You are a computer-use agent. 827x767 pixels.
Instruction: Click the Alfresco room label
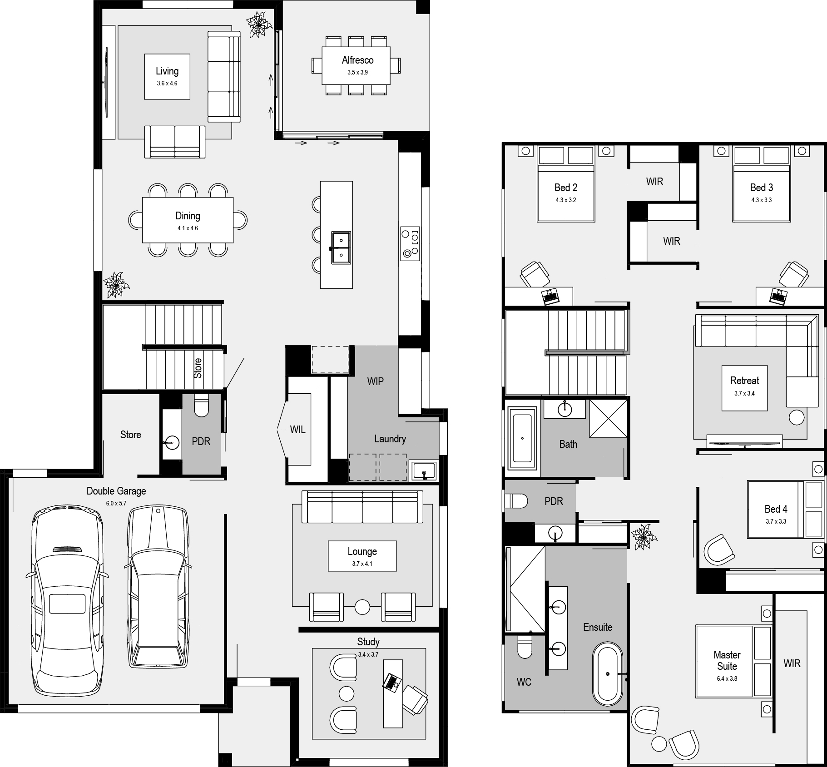pos(357,60)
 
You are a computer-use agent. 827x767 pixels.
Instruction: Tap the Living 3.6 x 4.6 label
pos(167,76)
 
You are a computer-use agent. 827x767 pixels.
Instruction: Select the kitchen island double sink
pos(341,247)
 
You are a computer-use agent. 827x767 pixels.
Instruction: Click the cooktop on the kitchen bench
pos(410,243)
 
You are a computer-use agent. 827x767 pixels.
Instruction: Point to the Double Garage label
pos(116,491)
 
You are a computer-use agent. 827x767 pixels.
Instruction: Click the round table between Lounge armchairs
pos(362,607)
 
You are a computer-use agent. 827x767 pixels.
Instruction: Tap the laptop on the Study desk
pos(391,683)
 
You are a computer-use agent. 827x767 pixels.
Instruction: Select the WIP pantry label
pos(375,381)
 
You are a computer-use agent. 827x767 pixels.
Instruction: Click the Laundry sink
pos(423,471)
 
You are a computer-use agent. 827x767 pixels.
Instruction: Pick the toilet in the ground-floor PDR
pos(201,405)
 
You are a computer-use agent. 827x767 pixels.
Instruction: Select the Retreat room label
pos(744,381)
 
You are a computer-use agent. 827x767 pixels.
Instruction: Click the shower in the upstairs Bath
pos(608,418)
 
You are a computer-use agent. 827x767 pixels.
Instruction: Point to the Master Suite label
pos(727,661)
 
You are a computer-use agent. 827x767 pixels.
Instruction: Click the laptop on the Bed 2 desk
pos(551,297)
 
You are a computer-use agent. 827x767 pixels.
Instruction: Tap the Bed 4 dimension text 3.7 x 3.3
pos(776,521)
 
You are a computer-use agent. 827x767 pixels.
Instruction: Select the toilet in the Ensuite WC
pos(525,647)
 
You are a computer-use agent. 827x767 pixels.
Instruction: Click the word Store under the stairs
pos(198,368)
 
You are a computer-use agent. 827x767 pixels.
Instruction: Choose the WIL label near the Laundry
pos(297,430)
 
